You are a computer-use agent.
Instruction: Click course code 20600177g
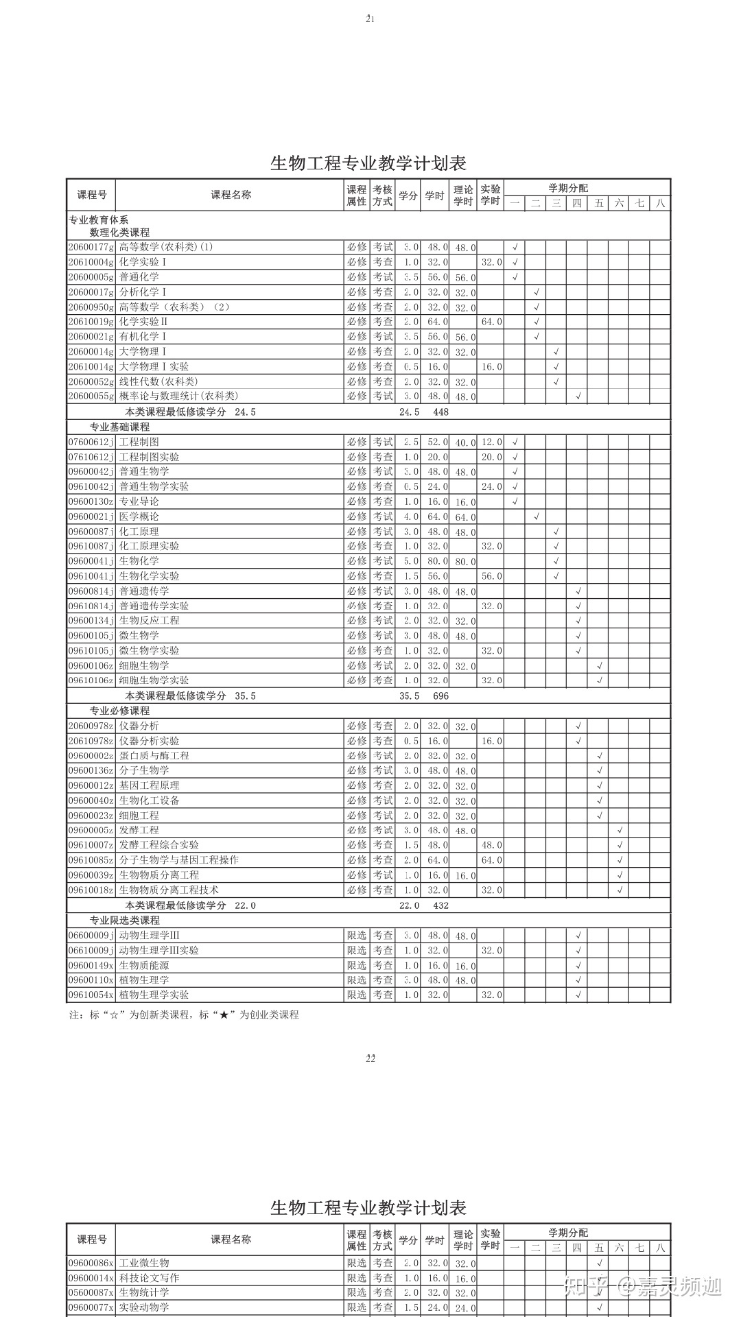tap(91, 247)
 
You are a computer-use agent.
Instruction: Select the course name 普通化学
tap(139, 277)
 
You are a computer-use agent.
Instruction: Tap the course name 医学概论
tap(139, 517)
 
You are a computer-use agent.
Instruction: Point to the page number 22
tap(370, 1058)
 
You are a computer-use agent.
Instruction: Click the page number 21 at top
tap(370, 19)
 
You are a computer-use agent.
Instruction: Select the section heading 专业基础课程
tap(119, 427)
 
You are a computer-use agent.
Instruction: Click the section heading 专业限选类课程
tap(124, 920)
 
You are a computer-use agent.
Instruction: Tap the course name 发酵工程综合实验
tap(159, 845)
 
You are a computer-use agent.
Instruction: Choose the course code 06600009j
tap(91, 935)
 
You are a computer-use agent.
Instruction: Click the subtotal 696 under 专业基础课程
tap(440, 696)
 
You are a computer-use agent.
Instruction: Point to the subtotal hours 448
tap(440, 412)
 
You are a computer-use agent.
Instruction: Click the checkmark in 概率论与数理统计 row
tap(578, 396)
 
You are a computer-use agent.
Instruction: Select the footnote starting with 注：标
tap(184, 1015)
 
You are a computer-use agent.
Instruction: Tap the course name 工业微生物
tap(144, 1263)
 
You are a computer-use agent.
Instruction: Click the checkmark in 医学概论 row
tap(537, 517)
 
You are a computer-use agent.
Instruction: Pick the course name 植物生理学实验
tap(154, 995)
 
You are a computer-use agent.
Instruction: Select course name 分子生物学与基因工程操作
tap(179, 860)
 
